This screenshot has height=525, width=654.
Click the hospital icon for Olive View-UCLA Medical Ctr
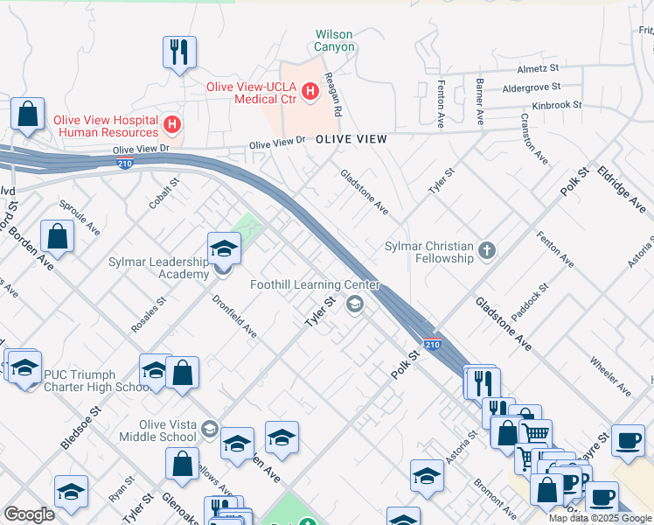[x=309, y=90]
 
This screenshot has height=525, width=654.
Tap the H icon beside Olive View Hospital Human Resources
[x=172, y=124]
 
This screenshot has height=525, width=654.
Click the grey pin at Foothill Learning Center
[x=355, y=304]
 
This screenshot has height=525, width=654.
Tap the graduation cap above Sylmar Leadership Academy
[x=224, y=249]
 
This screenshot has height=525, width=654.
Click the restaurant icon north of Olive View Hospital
[x=179, y=52]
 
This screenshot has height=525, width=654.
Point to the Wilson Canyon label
[x=335, y=41]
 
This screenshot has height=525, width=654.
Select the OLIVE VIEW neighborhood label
[x=351, y=139]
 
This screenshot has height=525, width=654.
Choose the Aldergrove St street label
[x=531, y=87]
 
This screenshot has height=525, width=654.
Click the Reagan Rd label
[x=333, y=95]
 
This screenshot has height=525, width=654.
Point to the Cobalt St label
[x=163, y=193]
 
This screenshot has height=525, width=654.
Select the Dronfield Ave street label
[x=234, y=316]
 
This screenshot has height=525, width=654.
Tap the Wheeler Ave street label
[x=609, y=375]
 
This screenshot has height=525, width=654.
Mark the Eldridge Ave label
[x=619, y=188]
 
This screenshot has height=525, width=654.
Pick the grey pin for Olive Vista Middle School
[x=209, y=429]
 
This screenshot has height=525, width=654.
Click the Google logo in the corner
[x=30, y=514]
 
